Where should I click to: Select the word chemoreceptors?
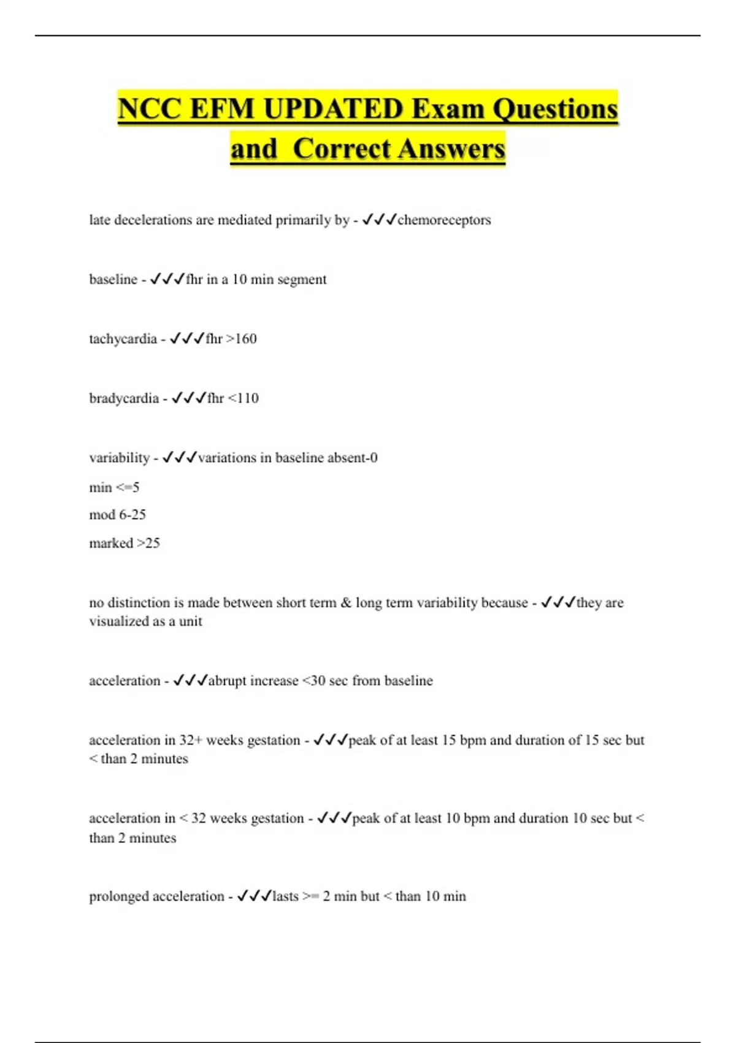pos(444,220)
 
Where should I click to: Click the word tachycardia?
pos(123,339)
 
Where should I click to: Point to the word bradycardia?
pos(124,398)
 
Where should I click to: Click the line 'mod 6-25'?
pos(117,515)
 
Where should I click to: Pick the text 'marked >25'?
pos(125,543)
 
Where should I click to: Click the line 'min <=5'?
pos(114,487)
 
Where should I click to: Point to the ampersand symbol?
pos(346,602)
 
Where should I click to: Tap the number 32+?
pos(191,740)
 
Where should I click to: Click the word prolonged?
pos(118,896)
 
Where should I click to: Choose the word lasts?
pos(285,896)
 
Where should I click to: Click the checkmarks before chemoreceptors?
pos(379,220)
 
